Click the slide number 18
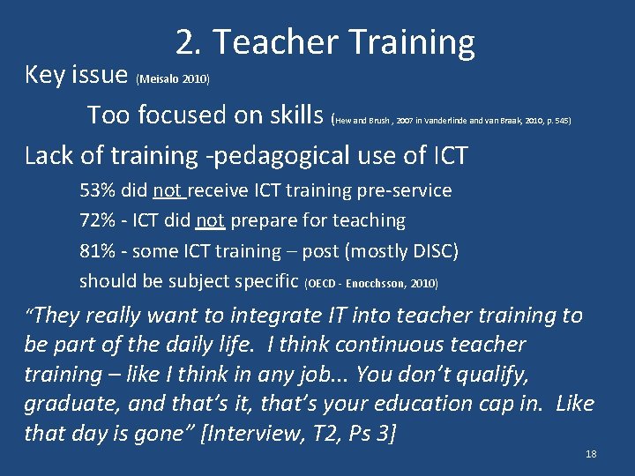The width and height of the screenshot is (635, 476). pos(591,454)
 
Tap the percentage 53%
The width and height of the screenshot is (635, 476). pos(95,190)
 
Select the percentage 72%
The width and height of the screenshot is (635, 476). pos(95,220)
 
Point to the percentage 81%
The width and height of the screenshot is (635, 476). pos(95,250)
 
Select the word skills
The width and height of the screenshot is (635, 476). pos(293,115)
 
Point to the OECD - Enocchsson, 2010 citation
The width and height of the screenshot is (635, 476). pos(370,284)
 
